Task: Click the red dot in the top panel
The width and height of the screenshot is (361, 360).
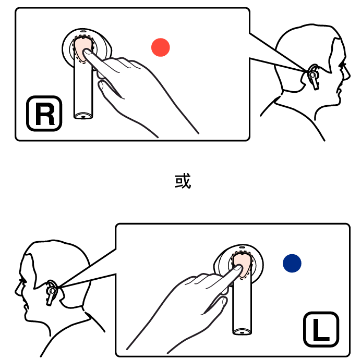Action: coord(161,47)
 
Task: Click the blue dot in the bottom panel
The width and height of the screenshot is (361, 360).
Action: coord(292,263)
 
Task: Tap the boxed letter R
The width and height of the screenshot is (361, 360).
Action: coord(44,114)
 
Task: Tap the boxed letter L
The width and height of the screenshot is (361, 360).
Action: coord(321,329)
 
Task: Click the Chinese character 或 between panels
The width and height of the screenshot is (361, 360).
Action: coord(183,181)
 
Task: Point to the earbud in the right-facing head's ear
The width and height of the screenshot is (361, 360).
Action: coord(313,77)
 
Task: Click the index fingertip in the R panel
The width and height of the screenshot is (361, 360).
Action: coord(87,52)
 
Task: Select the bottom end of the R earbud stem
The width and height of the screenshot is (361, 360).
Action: coord(83,116)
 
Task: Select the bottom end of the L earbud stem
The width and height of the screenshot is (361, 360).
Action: coord(242,332)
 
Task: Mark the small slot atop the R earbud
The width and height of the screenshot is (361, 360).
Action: coord(83,31)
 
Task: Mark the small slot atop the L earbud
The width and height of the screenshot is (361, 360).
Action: coord(242,247)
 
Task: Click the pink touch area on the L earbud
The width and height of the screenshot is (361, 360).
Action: coord(242,264)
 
